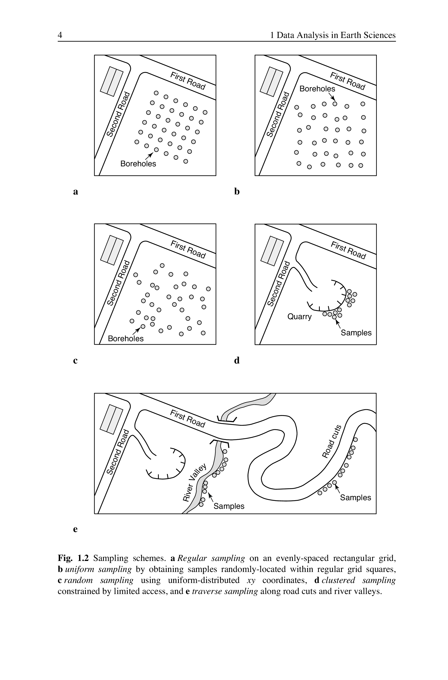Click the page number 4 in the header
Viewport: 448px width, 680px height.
click(60, 35)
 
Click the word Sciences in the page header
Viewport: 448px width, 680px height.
click(380, 35)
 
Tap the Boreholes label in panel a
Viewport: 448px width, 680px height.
click(138, 164)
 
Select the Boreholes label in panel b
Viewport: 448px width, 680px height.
click(317, 89)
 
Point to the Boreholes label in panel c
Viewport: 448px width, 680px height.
click(126, 339)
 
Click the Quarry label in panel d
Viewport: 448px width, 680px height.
click(299, 316)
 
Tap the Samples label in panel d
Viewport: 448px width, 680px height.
click(356, 333)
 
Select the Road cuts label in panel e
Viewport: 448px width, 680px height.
click(332, 441)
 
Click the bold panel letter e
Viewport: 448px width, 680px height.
click(75, 529)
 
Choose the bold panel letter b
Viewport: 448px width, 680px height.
click(237, 191)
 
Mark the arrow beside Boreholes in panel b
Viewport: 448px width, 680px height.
click(332, 97)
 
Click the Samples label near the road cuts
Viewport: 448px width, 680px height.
click(356, 498)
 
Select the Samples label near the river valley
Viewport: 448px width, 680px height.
click(229, 506)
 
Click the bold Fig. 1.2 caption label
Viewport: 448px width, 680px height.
click(73, 558)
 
